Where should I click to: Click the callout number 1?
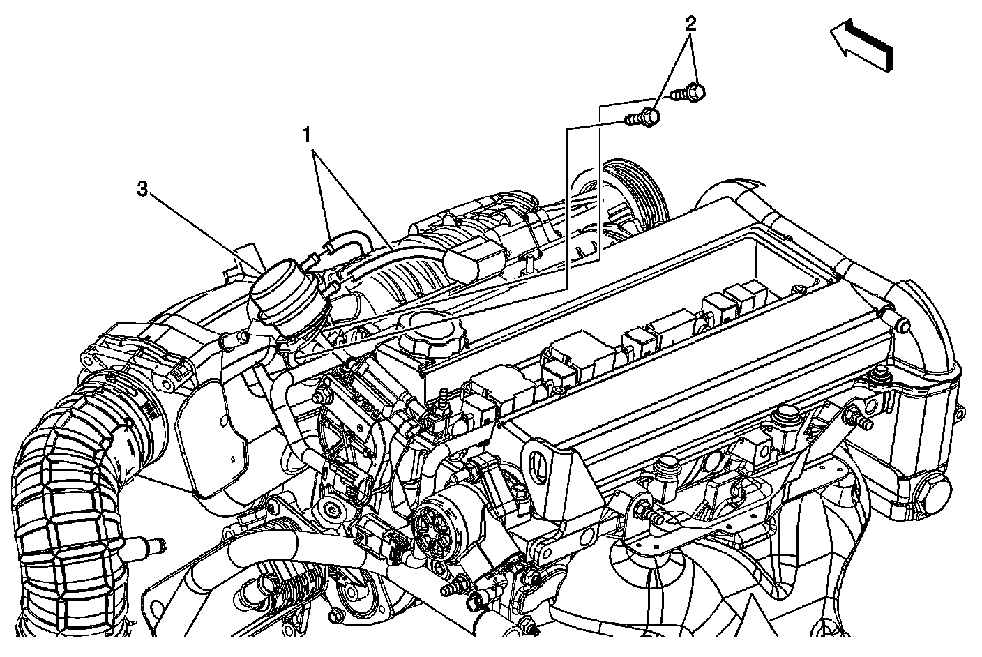coord(306,135)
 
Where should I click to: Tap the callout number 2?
coord(691,24)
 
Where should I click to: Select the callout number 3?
coord(142,190)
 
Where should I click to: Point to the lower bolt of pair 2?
coord(642,117)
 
